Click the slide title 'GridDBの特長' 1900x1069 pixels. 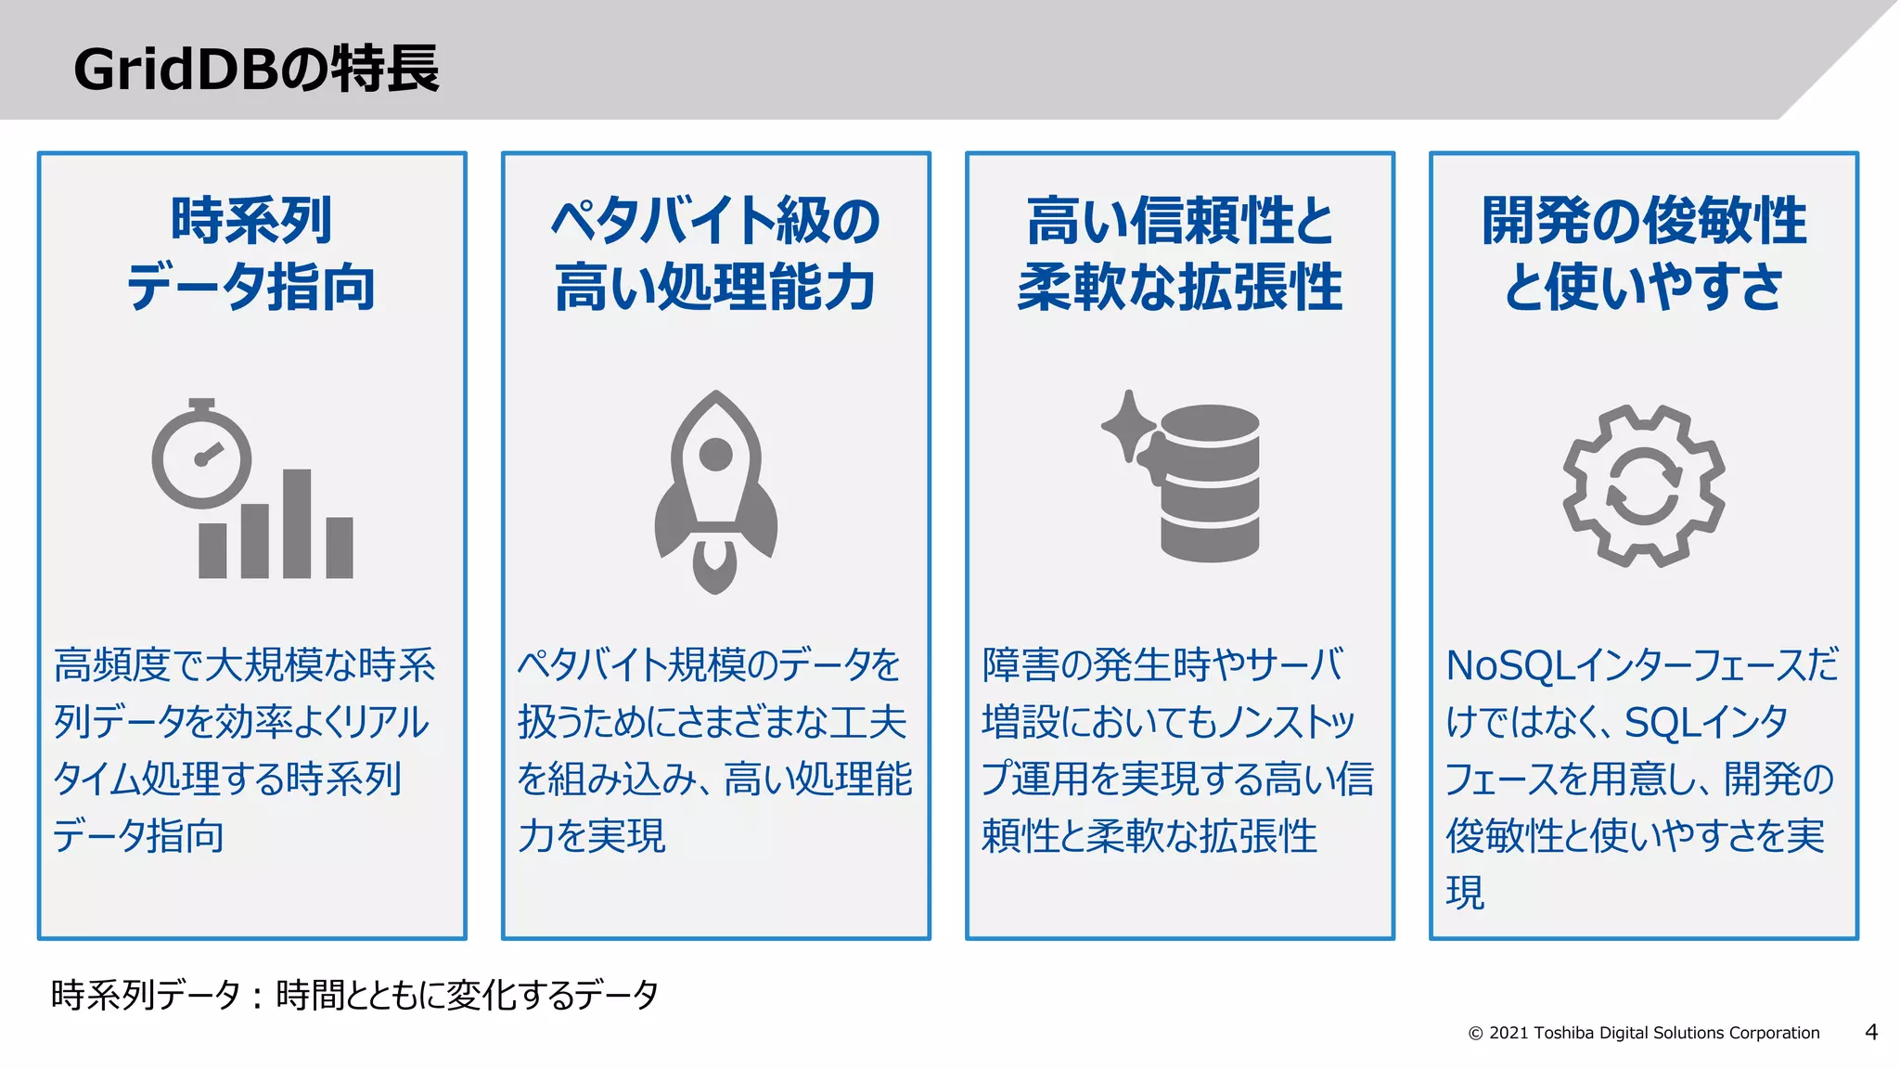click(x=256, y=69)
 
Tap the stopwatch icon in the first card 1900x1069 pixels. click(x=201, y=456)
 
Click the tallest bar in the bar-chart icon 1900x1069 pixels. click(x=297, y=523)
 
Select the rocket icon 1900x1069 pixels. click(x=715, y=492)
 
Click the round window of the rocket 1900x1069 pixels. click(x=715, y=455)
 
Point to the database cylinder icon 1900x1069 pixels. click(x=1210, y=483)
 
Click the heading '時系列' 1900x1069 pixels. click(x=251, y=221)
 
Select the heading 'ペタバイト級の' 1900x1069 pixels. click(x=715, y=221)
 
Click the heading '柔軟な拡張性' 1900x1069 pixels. click(x=1180, y=287)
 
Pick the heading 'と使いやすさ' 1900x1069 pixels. click(x=1644, y=287)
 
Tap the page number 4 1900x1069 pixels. click(x=1871, y=1032)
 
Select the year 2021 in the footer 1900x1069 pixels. click(x=1509, y=1033)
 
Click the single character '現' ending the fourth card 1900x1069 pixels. click(x=1465, y=893)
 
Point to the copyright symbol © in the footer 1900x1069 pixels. click(x=1475, y=1034)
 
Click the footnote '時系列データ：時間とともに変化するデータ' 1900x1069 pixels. click(x=354, y=995)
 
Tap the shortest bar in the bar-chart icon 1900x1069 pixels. click(x=212, y=550)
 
